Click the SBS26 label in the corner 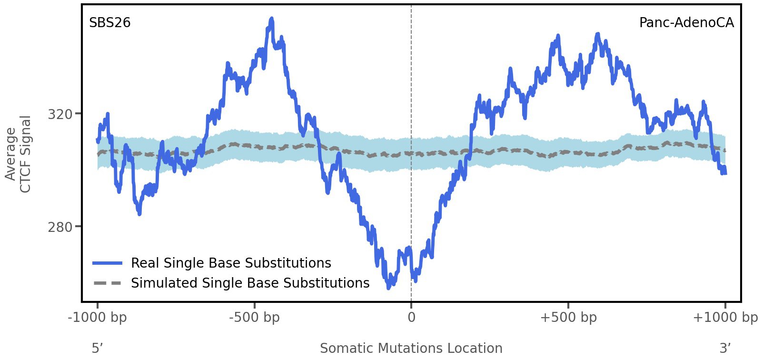[109, 23]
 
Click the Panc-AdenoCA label [686, 23]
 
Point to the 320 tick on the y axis [60, 114]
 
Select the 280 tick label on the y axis [60, 227]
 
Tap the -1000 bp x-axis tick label [98, 318]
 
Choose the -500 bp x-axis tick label [254, 318]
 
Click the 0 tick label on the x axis [411, 318]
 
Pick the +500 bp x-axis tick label [568, 318]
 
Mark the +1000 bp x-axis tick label [725, 318]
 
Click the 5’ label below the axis [97, 349]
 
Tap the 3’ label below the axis [725, 349]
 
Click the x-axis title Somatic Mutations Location [411, 349]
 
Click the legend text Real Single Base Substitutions [231, 263]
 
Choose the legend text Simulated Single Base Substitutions [250, 283]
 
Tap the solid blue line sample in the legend [108, 263]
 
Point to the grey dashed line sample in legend [108, 283]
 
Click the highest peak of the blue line [272, 19]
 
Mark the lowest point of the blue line [388, 288]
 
